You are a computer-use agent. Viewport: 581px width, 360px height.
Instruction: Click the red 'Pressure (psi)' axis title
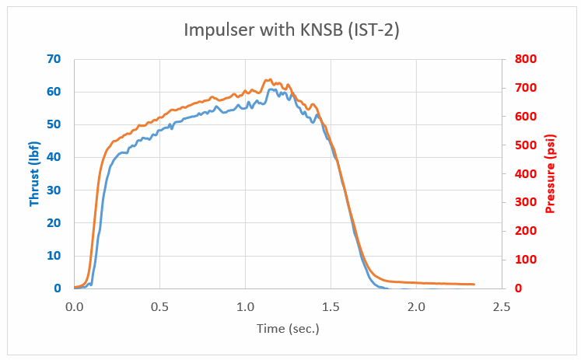click(x=550, y=173)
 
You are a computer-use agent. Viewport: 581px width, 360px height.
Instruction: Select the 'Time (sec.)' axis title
click(x=288, y=329)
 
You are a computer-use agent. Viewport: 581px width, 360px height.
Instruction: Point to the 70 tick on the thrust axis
click(x=54, y=59)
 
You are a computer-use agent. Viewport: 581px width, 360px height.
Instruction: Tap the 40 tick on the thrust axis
click(x=54, y=157)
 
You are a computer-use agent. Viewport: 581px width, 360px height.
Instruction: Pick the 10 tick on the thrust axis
click(x=54, y=256)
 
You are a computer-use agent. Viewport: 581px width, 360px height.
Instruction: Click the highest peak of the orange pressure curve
click(x=269, y=79)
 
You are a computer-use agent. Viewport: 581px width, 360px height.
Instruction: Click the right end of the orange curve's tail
click(x=474, y=284)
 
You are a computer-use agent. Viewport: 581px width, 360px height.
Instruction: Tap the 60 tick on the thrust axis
click(x=54, y=92)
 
